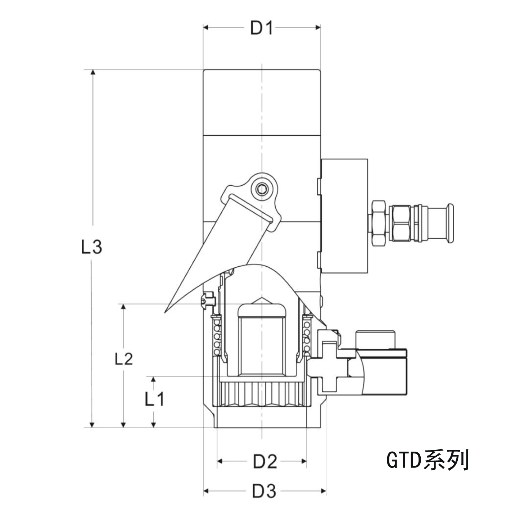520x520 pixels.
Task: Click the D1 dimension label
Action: [x=262, y=27]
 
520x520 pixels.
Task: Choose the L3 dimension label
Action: [x=91, y=247]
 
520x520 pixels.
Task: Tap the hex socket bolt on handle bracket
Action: [x=262, y=189]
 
